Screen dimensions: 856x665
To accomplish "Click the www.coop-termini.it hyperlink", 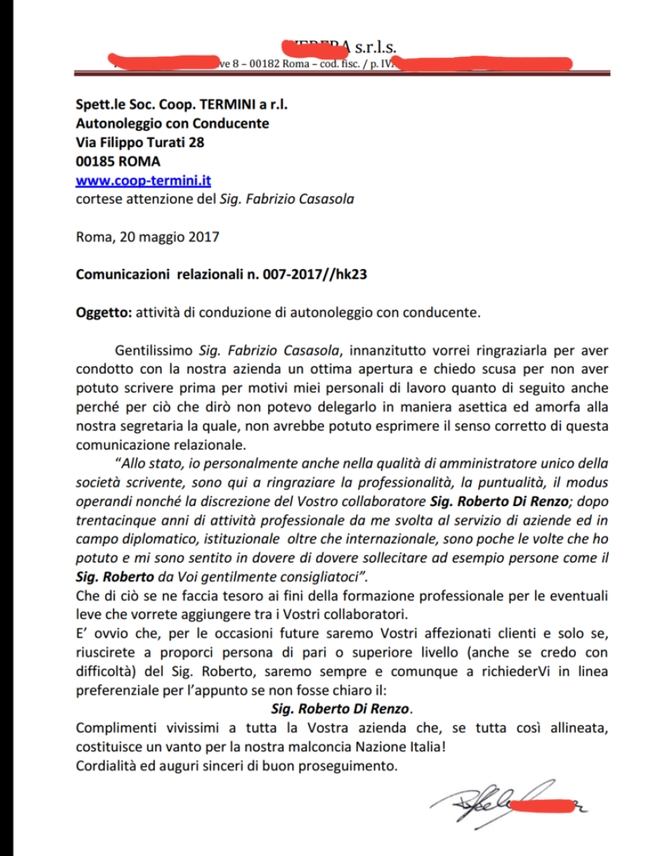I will pos(143,181).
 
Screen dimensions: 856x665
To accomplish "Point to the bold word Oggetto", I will pos(100,314).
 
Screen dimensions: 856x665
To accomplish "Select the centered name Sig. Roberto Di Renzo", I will pos(346,708).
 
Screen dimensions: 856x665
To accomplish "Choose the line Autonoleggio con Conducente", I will pos(172,124).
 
